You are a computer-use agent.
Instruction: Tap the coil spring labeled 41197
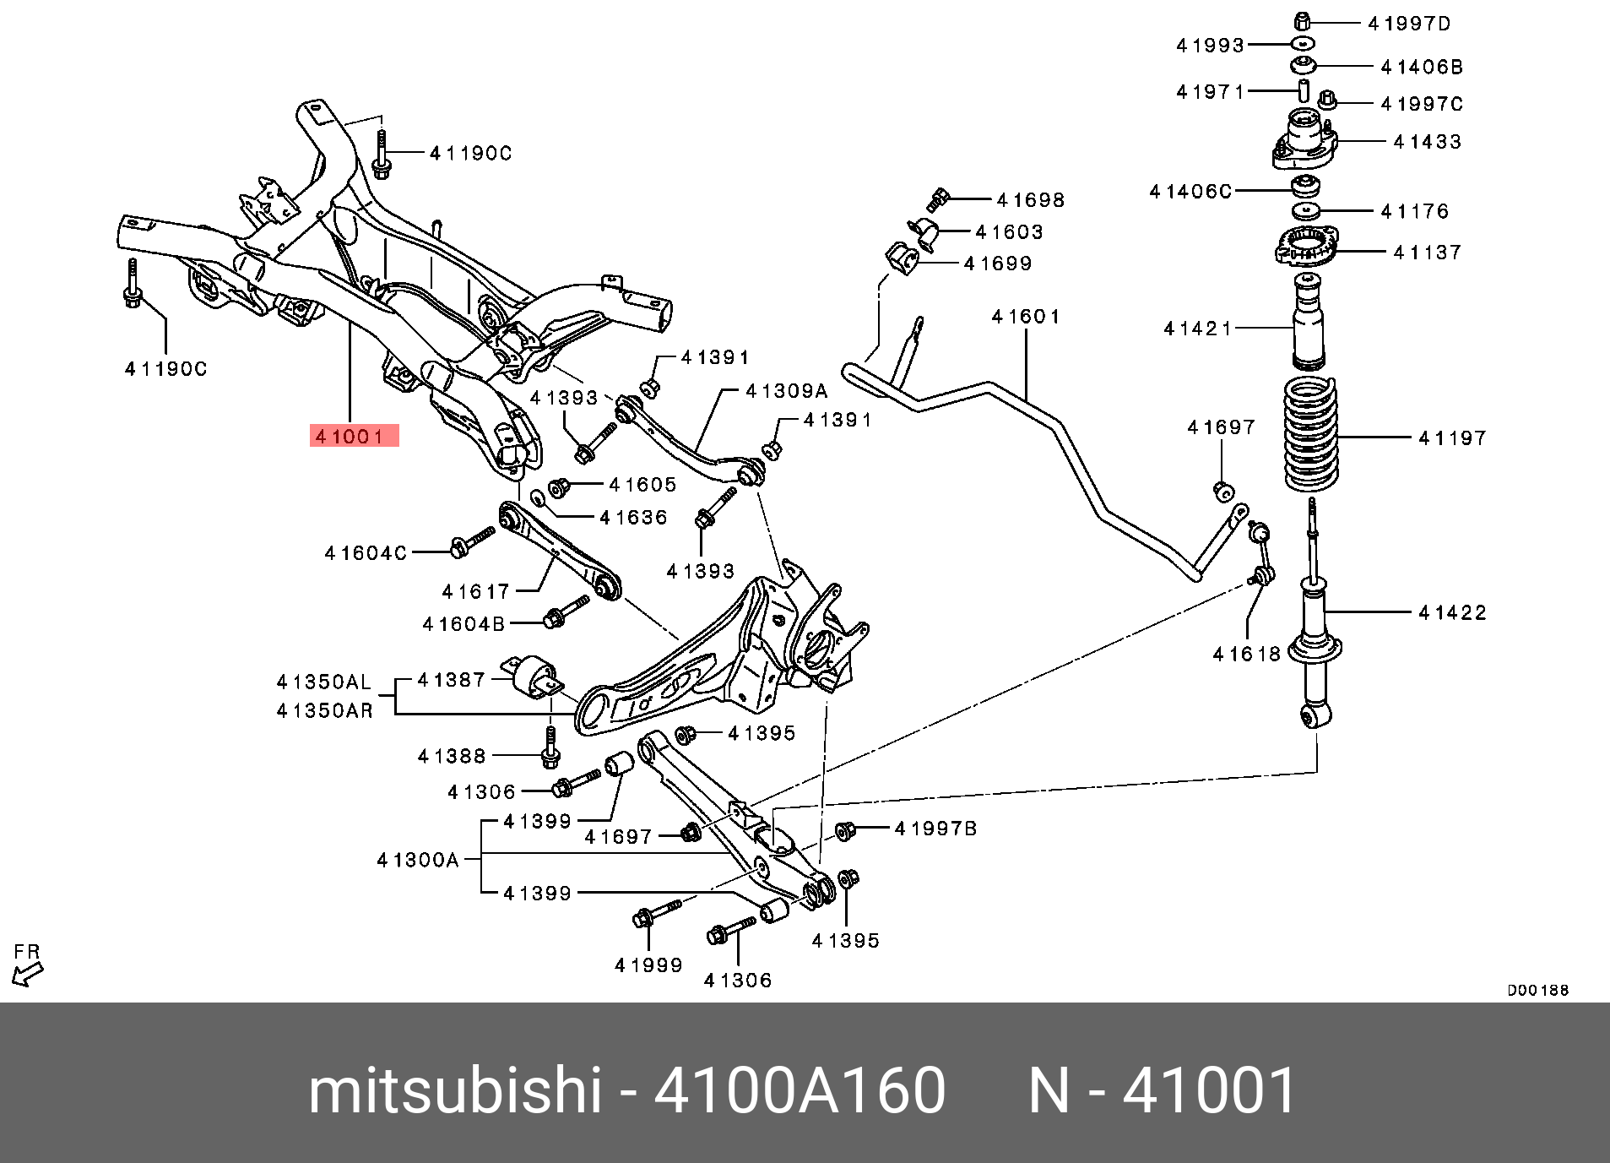[1310, 435]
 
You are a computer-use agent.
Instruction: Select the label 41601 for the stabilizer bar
[1026, 317]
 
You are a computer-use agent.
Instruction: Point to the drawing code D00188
[1537, 990]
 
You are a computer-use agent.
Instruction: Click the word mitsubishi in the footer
[454, 1090]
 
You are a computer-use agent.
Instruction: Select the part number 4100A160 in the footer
[799, 1090]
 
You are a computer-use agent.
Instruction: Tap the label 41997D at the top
[1409, 24]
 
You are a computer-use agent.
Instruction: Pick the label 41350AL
[324, 682]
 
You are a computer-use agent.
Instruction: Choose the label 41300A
[418, 860]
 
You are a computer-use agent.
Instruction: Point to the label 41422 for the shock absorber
[1452, 612]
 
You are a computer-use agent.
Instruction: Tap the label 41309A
[787, 391]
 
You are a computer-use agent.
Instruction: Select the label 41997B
[935, 829]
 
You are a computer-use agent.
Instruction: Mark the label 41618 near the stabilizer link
[1246, 654]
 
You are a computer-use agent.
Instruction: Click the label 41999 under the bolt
[648, 965]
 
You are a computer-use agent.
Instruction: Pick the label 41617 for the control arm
[476, 591]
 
